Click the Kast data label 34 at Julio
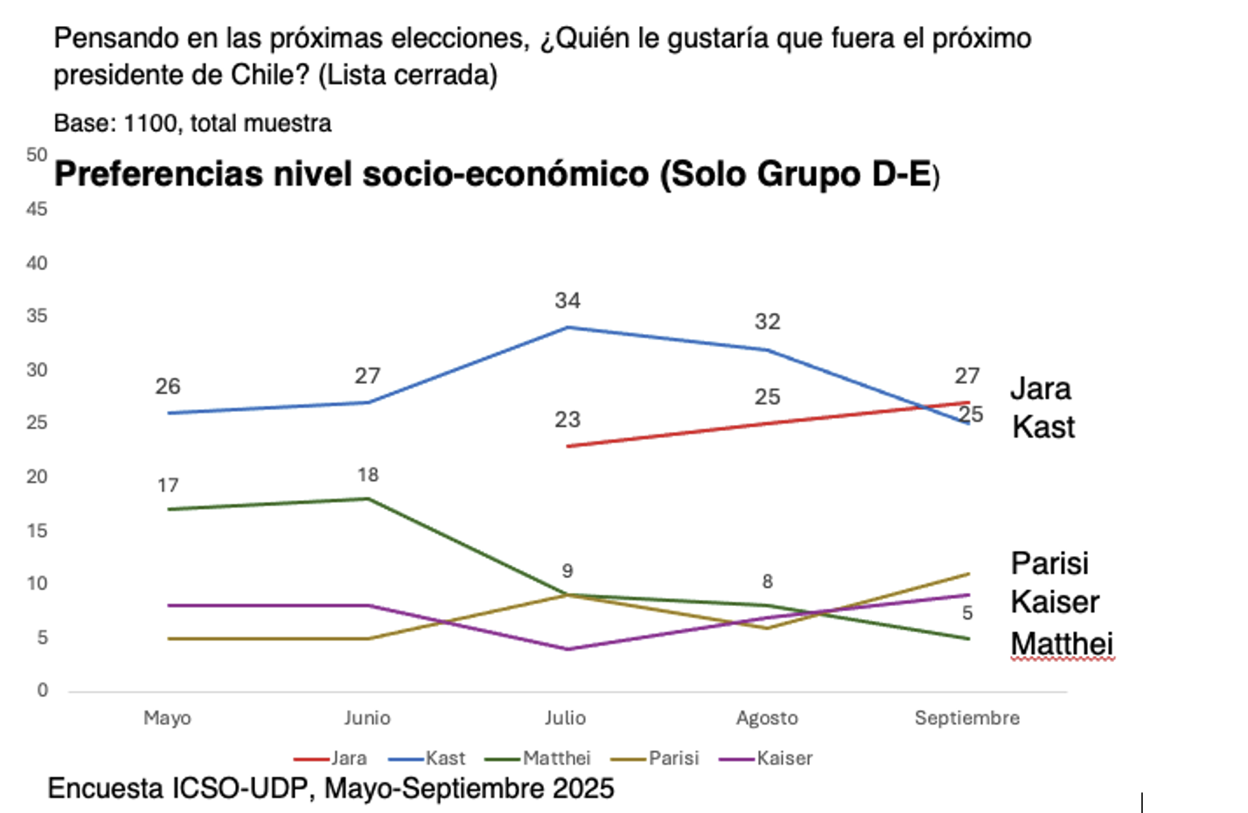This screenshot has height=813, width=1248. (x=567, y=301)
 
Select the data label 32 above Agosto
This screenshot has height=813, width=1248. (x=767, y=322)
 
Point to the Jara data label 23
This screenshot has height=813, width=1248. (x=567, y=419)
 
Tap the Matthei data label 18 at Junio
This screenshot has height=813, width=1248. (x=368, y=475)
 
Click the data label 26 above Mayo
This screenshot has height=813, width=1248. (x=167, y=387)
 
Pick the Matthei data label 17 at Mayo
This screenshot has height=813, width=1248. (x=167, y=486)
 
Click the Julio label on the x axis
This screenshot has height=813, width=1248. (x=565, y=718)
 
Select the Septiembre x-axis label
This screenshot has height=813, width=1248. (x=966, y=718)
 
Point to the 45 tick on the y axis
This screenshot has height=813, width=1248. (x=37, y=209)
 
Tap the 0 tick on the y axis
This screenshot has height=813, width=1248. (x=42, y=690)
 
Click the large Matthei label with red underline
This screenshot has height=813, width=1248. (x=1061, y=644)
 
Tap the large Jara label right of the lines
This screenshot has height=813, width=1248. (x=1040, y=389)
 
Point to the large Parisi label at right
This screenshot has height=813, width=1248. (x=1049, y=564)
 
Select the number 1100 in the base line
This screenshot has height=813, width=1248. (x=150, y=124)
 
